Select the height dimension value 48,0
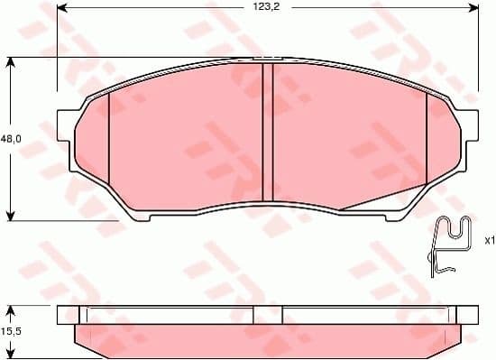(x=11, y=139)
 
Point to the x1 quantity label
(x=489, y=241)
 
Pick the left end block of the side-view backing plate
(x=68, y=315)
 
